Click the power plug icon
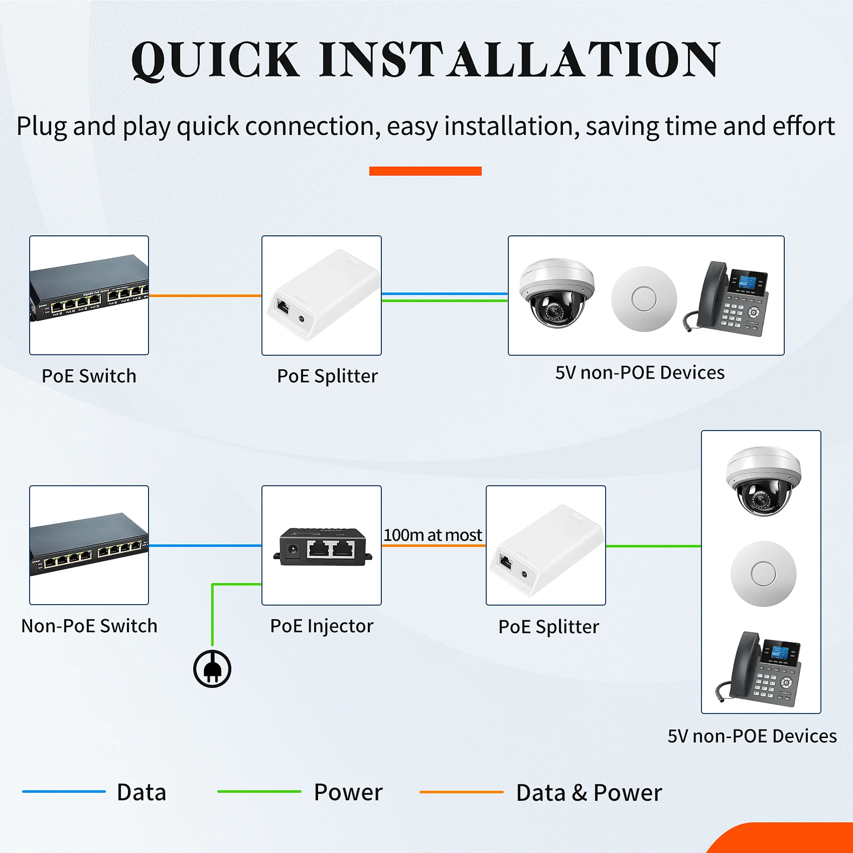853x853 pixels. pos(212,669)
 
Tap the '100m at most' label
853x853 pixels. pos(433,535)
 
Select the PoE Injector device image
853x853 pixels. pos(322,546)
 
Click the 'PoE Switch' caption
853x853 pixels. pos(89,376)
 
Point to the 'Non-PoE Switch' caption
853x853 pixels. pos(89,626)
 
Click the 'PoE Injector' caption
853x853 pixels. pos(322,626)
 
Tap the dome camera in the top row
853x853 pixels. pos(556,293)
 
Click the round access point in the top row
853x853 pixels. pos(644,299)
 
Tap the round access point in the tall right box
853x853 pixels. pos(763,574)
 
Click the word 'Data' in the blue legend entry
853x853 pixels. pos(141,792)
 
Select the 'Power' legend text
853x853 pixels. pos(348,792)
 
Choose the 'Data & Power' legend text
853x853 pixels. pos(589,793)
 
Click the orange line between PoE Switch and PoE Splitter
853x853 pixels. pos(205,296)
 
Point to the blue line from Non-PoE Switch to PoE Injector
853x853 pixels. pos(205,545)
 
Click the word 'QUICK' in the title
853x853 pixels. pos(215,60)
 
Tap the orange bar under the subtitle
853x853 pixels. pos(425,171)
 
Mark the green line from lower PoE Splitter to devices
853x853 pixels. pos(653,546)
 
